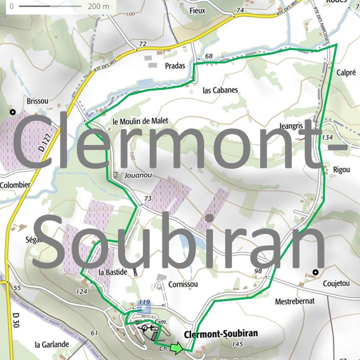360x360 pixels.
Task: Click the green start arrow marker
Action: click(x=176, y=348)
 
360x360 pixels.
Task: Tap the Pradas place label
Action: click(x=174, y=65)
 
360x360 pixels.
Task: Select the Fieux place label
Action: click(x=198, y=10)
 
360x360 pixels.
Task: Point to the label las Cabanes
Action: click(x=220, y=90)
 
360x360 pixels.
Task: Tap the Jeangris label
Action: click(x=301, y=126)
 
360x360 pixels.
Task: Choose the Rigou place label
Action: click(x=341, y=169)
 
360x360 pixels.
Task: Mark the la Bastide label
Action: click(x=110, y=272)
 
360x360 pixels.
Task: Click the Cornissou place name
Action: click(x=183, y=284)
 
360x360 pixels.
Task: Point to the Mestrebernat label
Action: click(x=295, y=301)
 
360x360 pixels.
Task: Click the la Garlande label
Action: click(x=51, y=344)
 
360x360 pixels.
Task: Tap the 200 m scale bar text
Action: click(x=98, y=6)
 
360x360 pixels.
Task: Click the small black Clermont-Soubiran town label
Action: click(x=220, y=333)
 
